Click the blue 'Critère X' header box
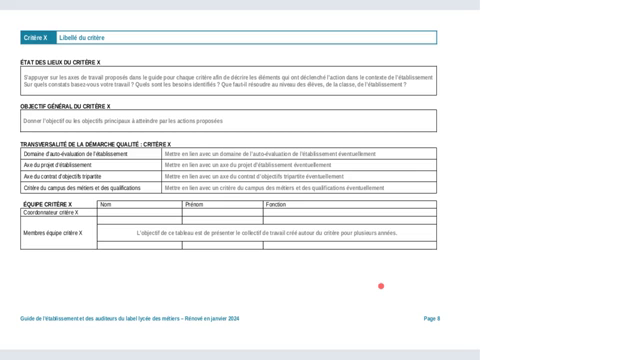(35, 38)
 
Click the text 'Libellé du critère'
(82, 38)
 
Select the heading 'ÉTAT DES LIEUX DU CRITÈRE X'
(61, 62)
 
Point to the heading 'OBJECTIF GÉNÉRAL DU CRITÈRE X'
(65, 105)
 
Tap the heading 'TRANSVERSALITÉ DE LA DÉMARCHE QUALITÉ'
(95, 144)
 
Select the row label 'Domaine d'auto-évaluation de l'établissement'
(75, 154)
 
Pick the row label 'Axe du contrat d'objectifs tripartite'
(68, 176)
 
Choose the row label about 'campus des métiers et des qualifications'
(82, 187)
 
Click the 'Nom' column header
(106, 204)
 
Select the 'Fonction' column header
(276, 204)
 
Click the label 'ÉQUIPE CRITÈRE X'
(47, 204)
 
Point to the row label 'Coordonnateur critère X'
(51, 212)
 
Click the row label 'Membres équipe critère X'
(53, 233)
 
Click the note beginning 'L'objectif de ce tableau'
(266, 233)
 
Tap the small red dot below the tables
(381, 286)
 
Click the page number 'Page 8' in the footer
(432, 318)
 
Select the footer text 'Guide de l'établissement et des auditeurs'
(130, 318)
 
